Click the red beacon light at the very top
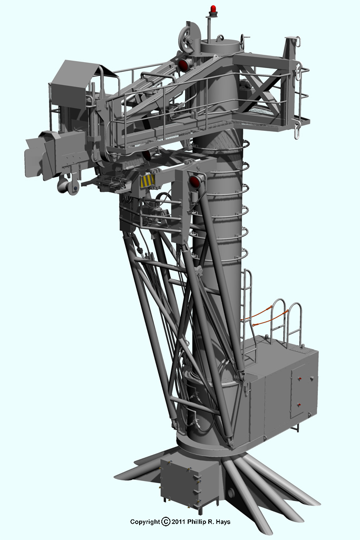point(213,9)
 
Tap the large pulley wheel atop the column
point(188,38)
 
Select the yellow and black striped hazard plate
point(147,181)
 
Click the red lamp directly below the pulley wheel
point(184,64)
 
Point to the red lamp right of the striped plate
point(196,181)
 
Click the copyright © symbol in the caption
point(166,522)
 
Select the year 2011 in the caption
point(179,522)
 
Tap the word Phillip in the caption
point(198,522)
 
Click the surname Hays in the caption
point(223,522)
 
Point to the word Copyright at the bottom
point(145,522)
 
